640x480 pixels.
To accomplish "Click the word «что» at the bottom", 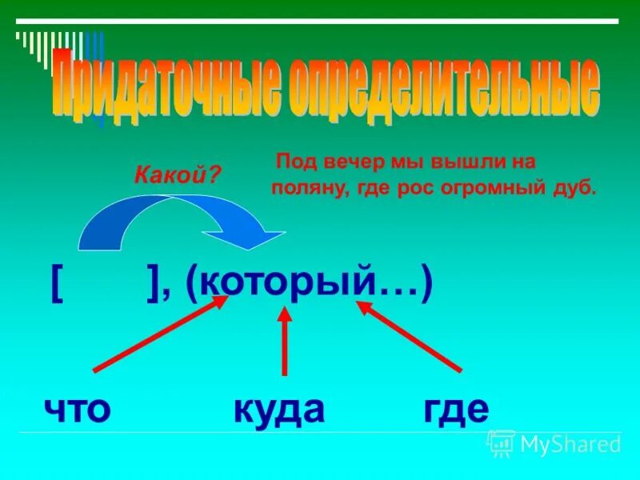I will click(x=77, y=410).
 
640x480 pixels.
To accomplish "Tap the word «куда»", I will click(x=279, y=410).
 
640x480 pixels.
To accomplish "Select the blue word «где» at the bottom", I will click(x=456, y=410).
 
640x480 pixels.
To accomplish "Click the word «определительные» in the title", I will click(x=441, y=86).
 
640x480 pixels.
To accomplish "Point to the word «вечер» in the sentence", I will click(x=349, y=161).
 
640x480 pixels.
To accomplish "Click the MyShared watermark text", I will click(x=570, y=443).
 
